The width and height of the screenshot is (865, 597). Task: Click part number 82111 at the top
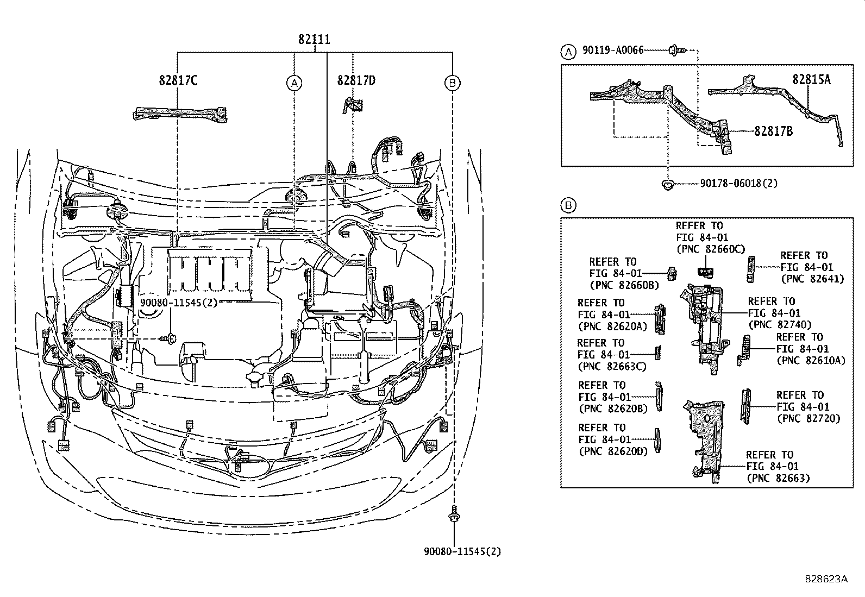tap(314, 40)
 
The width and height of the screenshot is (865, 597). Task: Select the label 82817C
tap(178, 80)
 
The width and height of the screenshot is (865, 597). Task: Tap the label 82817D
tap(356, 80)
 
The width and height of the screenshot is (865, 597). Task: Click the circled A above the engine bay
tap(294, 83)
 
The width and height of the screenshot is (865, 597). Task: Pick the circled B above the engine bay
tap(452, 83)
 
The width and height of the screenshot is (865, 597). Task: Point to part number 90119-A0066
tap(612, 50)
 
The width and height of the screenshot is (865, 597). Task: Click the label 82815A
tap(811, 79)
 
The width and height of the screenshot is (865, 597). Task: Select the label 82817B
tap(773, 131)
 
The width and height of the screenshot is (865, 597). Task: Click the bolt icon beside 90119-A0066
tap(677, 50)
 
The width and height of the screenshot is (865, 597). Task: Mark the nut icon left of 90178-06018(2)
tap(667, 184)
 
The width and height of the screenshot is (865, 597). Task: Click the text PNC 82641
tap(812, 279)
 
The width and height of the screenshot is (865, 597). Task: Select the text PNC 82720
tap(808, 419)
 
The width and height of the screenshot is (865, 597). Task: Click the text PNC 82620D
tap(613, 451)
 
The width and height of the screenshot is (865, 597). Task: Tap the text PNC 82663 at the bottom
tap(778, 478)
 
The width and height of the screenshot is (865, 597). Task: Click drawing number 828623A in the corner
tap(826, 579)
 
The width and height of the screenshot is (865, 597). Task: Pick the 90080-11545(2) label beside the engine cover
tap(178, 303)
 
